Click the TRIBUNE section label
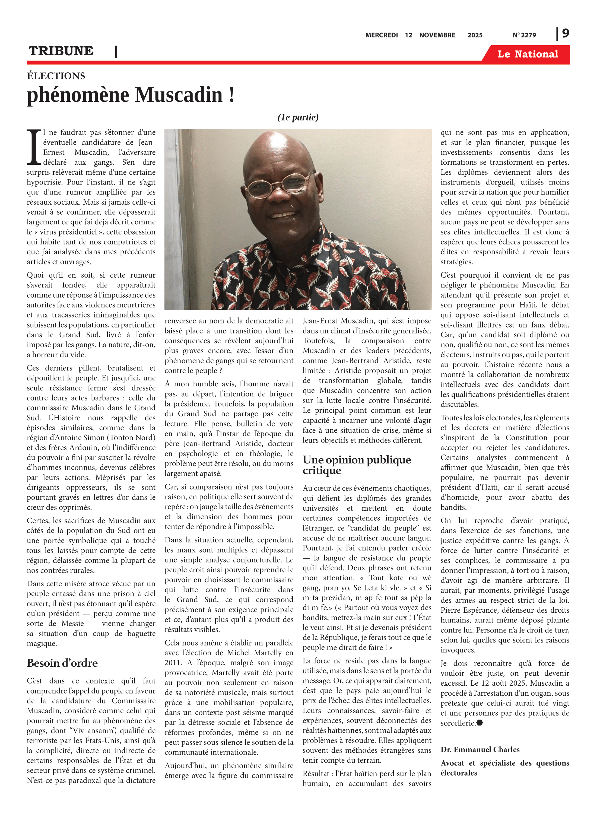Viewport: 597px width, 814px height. (61, 51)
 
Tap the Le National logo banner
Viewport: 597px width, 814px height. (527, 54)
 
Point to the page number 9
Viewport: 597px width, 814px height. (565, 34)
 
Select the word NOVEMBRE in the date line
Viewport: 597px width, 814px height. (437, 35)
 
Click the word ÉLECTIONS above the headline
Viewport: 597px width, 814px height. (56, 76)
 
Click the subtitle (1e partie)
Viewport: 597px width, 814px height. (298, 117)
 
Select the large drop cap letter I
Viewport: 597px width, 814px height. (34, 147)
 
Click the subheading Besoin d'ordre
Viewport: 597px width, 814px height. (62, 663)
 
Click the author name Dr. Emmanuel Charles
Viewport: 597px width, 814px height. (480, 750)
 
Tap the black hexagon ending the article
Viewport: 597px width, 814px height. (480, 723)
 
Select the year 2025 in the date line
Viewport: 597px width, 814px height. (475, 35)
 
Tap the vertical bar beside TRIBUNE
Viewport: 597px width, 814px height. (116, 51)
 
